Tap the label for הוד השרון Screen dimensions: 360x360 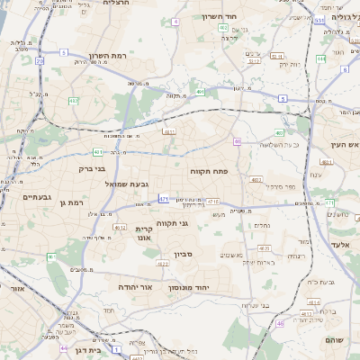[x=242, y=16]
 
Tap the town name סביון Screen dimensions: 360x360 [x=183, y=255]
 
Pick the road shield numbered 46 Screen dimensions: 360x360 [x=280, y=322]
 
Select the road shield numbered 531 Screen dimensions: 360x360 [x=319, y=19]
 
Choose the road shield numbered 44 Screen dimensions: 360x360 [x=63, y=346]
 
